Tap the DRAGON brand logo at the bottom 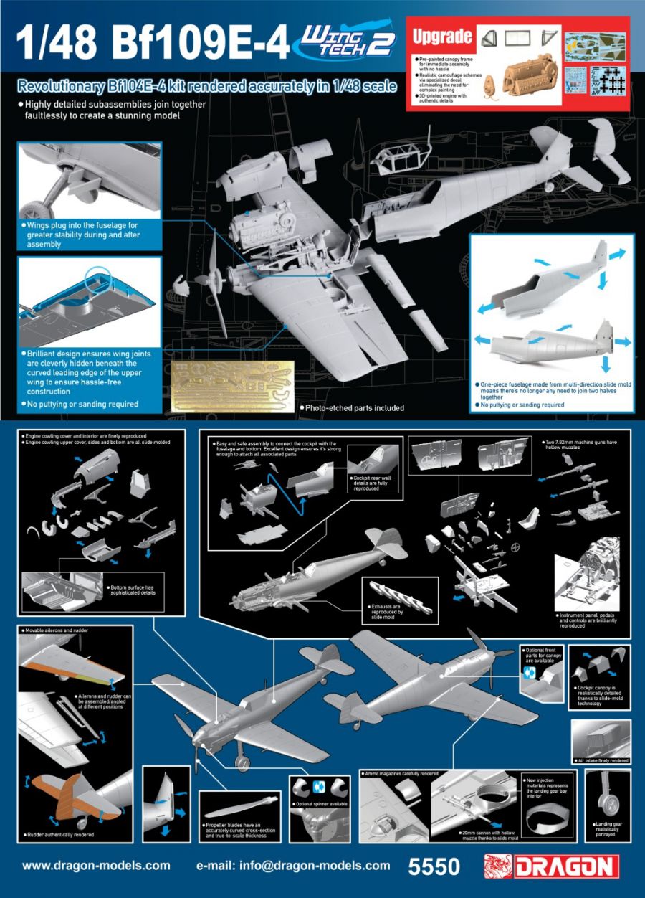[551, 865]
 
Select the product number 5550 [433, 866]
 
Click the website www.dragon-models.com [96, 866]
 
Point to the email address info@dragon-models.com [293, 866]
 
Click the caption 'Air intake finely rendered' [602, 760]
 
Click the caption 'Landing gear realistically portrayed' [608, 827]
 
